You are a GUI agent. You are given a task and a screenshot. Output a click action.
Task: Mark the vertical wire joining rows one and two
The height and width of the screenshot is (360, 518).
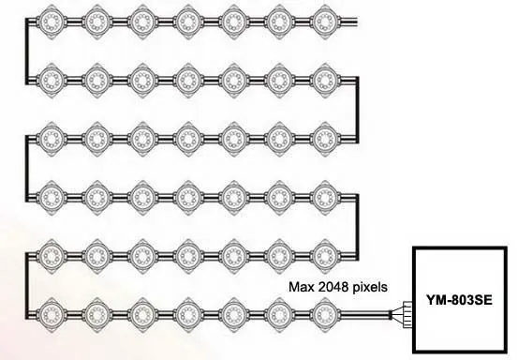coord(28,46)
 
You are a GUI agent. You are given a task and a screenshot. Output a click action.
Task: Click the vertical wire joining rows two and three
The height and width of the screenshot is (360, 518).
coord(357,106)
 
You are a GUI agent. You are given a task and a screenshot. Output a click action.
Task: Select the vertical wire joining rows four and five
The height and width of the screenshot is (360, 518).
coord(357,226)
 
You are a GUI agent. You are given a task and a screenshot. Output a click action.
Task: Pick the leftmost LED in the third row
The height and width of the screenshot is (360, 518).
coord(52,137)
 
